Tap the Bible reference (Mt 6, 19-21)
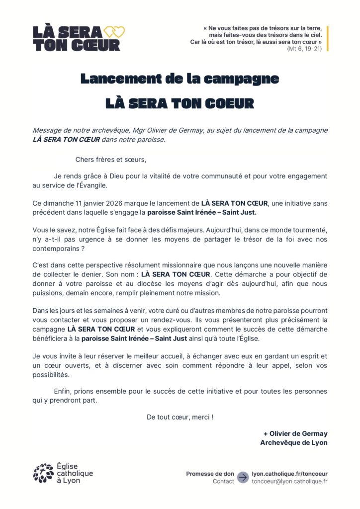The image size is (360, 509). pos(304,49)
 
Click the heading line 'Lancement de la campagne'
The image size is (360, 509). pos(180,79)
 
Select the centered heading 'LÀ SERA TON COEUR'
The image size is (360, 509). pos(180,103)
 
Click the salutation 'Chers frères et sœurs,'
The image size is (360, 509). pos(111,160)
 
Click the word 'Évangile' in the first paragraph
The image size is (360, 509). pos(92,185)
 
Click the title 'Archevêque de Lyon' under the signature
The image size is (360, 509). pos(294,442)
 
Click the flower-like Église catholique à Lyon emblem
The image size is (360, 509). pos(43,473)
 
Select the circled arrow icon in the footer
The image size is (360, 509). pos(243,477)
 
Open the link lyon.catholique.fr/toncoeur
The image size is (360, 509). pos(289,474)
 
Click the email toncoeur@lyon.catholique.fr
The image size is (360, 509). pos(289,482)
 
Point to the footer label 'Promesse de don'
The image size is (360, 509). pos(210,474)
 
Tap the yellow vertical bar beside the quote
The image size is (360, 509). pos(327,38)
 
